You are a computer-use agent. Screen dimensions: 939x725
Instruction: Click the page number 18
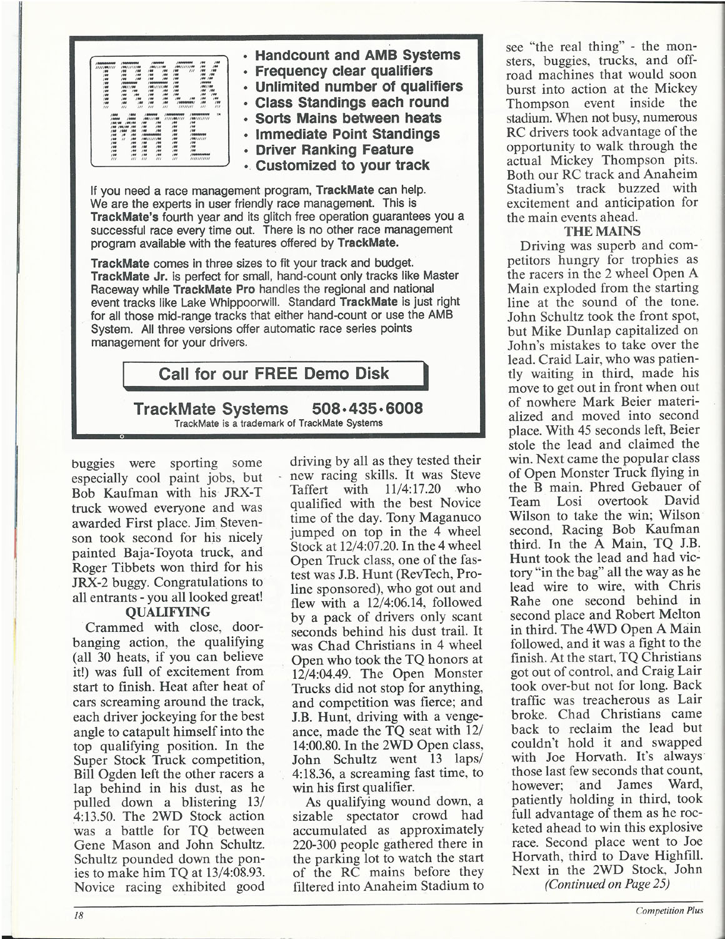coord(78,914)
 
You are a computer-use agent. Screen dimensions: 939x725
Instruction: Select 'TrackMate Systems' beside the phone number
coord(211,409)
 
